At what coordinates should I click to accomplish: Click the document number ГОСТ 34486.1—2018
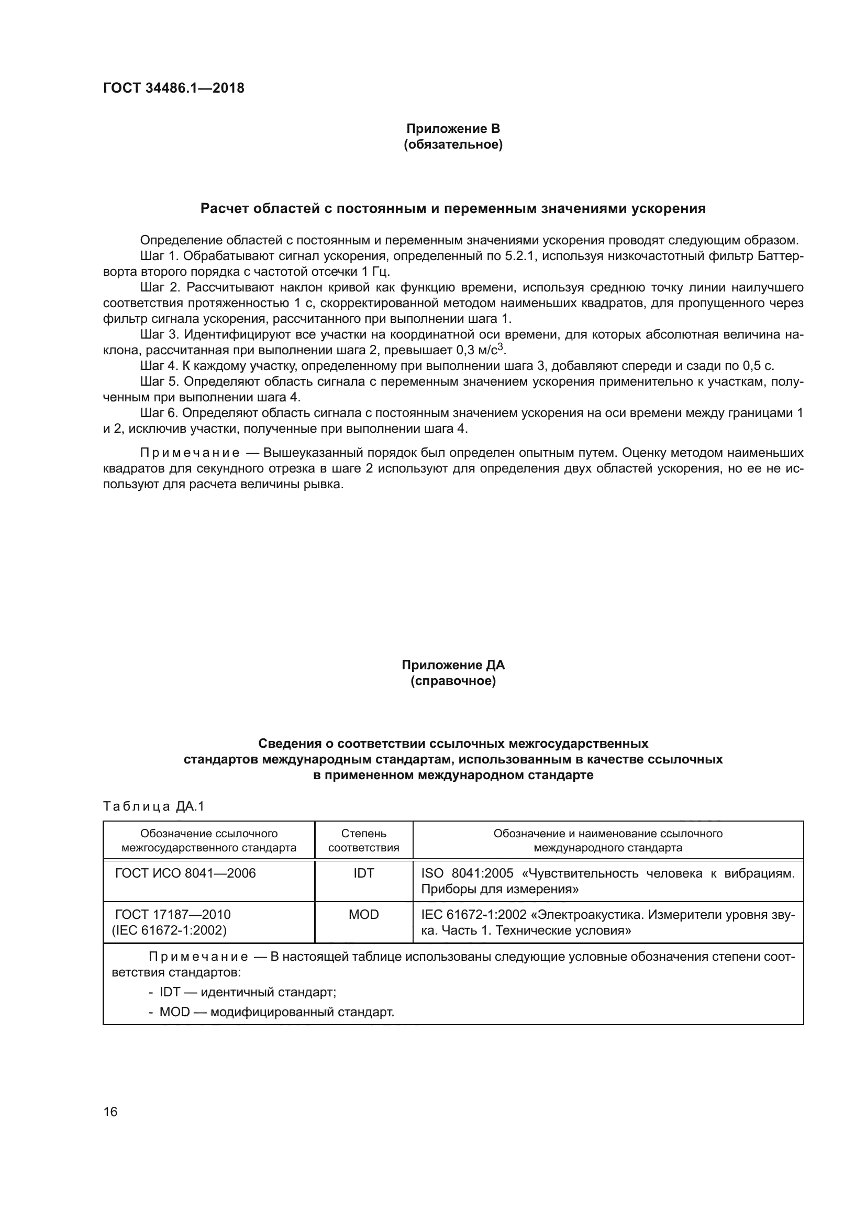(x=173, y=88)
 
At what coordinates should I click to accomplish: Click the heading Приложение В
(x=453, y=129)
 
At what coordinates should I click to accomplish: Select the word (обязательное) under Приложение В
(x=453, y=144)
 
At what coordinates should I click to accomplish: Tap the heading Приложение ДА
(x=453, y=665)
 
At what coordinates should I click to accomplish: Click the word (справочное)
(x=453, y=681)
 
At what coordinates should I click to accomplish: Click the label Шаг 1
(x=158, y=256)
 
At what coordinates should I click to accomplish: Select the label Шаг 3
(x=158, y=334)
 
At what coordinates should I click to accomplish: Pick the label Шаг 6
(x=158, y=412)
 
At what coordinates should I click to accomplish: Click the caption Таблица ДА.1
(x=154, y=806)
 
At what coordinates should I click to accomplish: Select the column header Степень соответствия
(x=364, y=840)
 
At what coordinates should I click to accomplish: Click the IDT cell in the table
(x=364, y=873)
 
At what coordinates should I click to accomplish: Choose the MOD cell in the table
(x=364, y=915)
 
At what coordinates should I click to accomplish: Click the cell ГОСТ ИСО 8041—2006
(x=185, y=873)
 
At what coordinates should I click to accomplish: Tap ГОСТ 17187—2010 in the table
(x=173, y=915)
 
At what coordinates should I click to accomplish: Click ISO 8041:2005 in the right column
(x=467, y=873)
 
